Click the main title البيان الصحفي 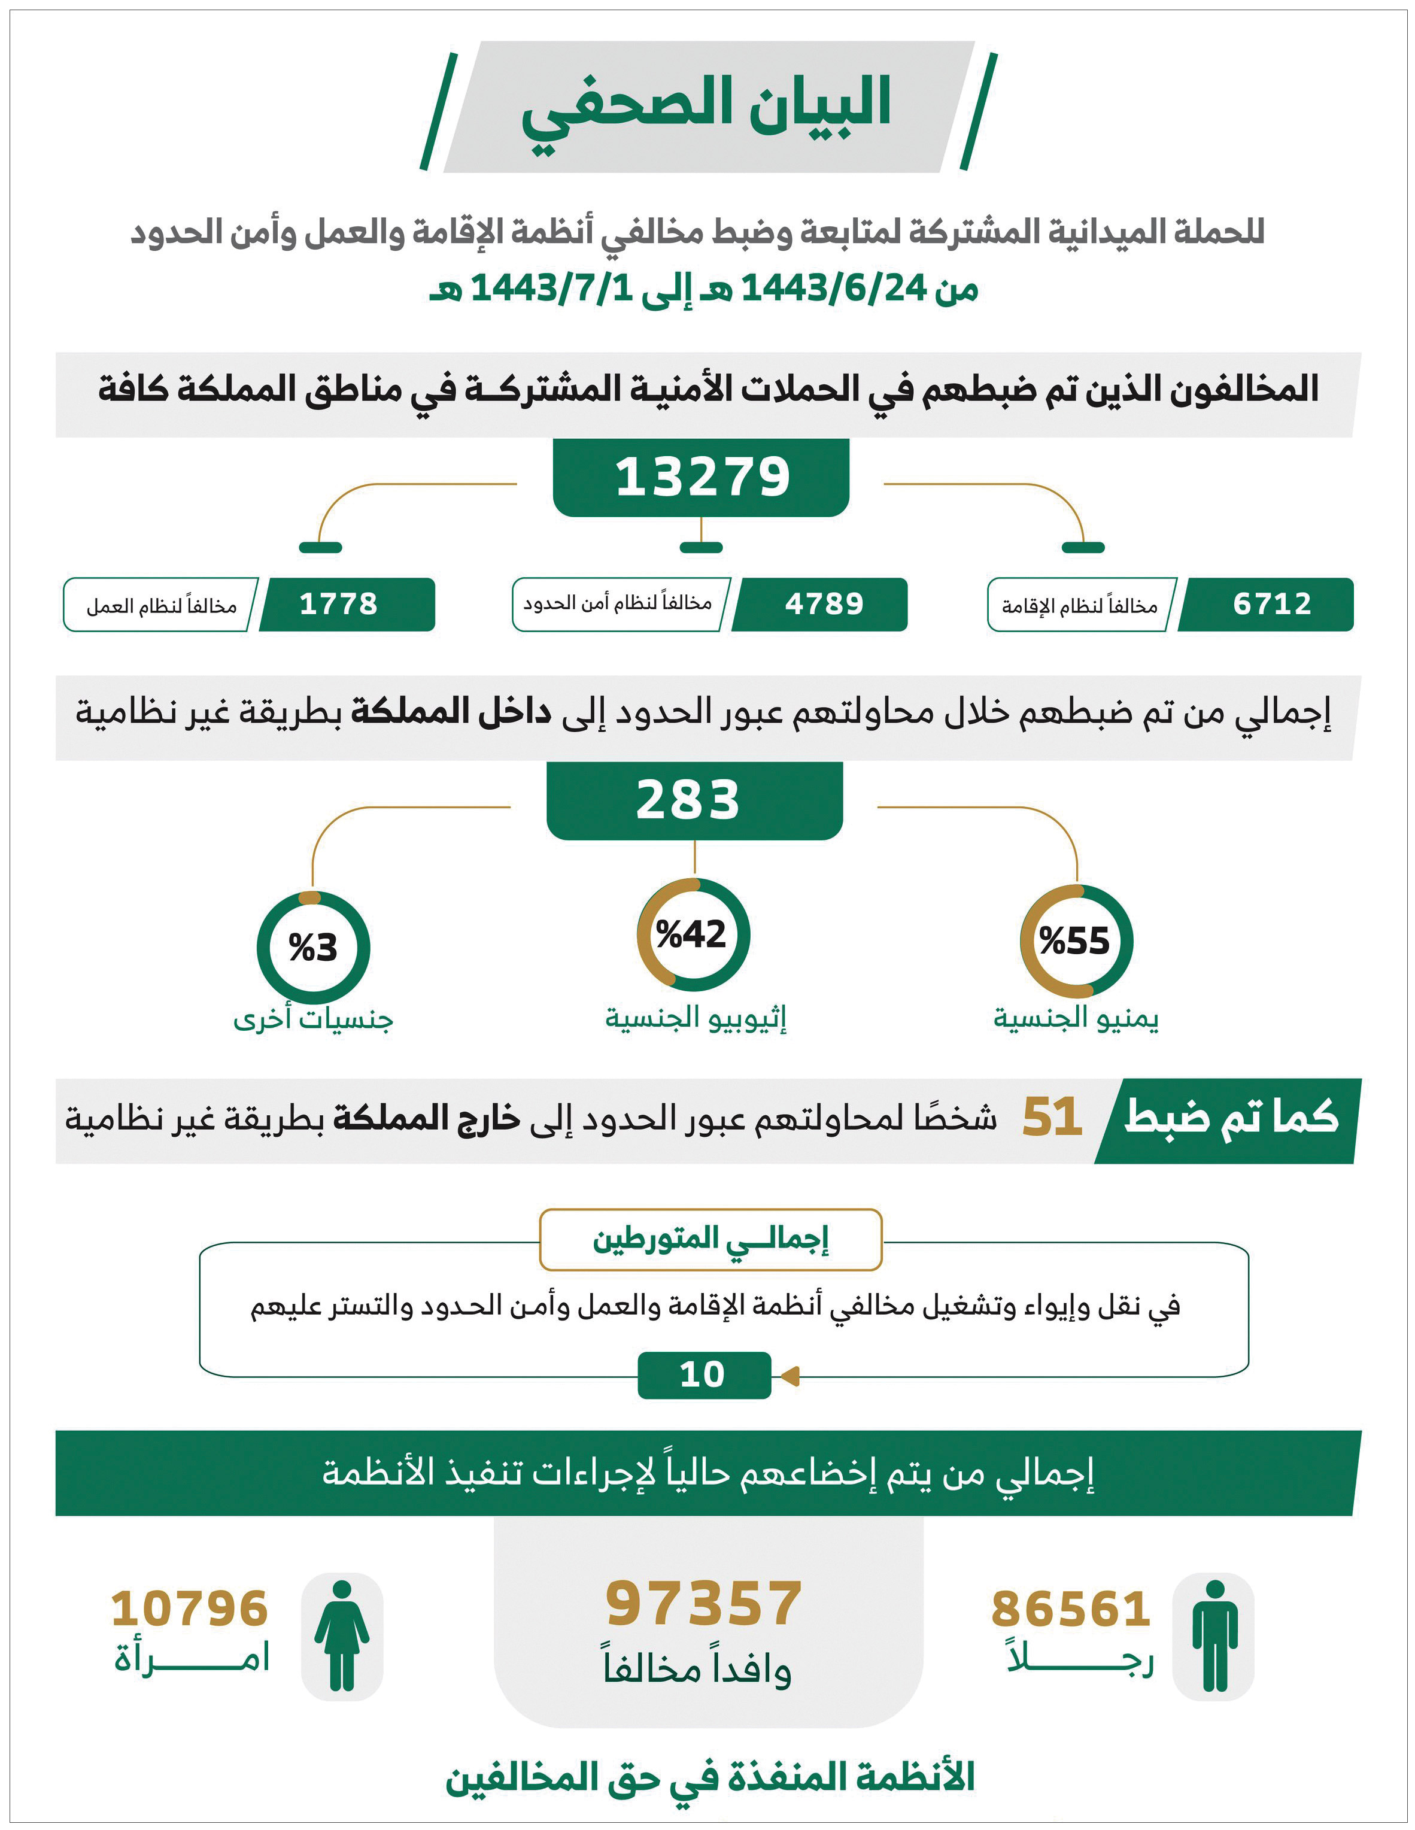click(x=706, y=107)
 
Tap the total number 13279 click(x=702, y=478)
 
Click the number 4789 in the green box click(x=824, y=604)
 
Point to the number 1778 click(x=338, y=604)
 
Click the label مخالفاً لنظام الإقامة click(x=1079, y=605)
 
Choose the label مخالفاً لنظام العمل click(x=161, y=605)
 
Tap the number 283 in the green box click(x=689, y=800)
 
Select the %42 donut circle click(x=693, y=934)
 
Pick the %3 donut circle click(x=312, y=948)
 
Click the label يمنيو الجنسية click(x=1076, y=1019)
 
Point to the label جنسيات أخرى click(x=312, y=1019)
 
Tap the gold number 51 click(x=1052, y=1118)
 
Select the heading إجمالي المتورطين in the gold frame click(x=710, y=1239)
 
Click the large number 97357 click(x=704, y=1604)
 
